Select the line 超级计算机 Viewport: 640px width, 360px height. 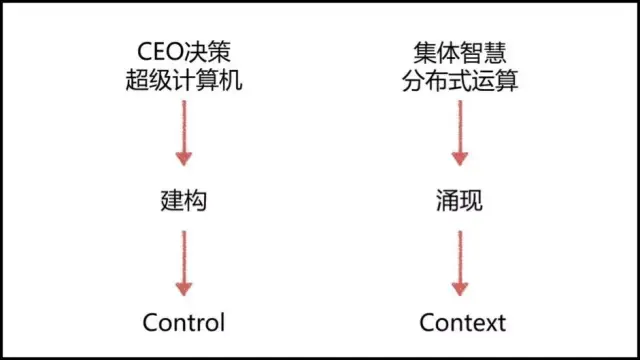coord(183,82)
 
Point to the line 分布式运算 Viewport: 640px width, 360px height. coord(458,82)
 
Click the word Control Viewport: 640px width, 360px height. coord(183,322)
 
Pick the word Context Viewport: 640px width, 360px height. coord(459,322)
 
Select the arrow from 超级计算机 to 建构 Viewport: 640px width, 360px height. coord(183,140)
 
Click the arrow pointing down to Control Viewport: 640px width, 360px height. coord(183,262)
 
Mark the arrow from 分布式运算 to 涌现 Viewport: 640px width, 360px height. coord(459,140)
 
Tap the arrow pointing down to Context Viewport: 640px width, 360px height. coord(459,262)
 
